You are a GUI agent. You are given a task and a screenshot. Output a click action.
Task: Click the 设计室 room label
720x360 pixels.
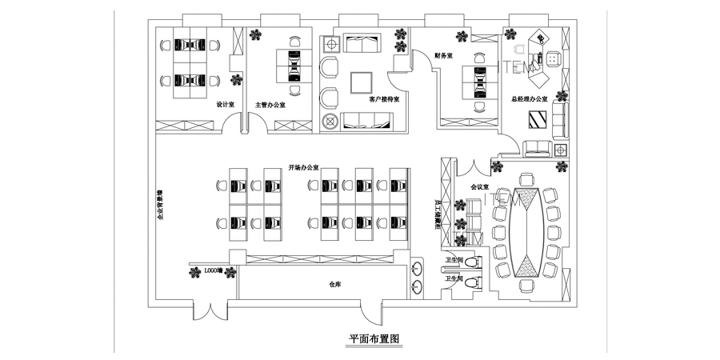pos(225,104)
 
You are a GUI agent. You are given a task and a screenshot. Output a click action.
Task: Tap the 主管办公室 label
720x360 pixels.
pos(271,105)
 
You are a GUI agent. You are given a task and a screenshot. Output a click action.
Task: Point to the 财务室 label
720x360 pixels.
pos(444,56)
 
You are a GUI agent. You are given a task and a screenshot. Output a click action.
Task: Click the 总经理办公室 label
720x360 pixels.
pos(529,99)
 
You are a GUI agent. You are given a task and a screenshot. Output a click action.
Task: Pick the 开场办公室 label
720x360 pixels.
pos(304,168)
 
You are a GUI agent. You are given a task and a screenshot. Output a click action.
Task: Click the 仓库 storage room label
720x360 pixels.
pos(336,284)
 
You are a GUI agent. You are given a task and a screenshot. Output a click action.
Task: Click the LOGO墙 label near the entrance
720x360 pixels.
pos(213,272)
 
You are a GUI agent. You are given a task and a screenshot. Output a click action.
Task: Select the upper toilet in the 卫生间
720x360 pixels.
pos(474,262)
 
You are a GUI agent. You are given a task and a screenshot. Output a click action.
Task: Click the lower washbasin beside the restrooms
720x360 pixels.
pos(418,287)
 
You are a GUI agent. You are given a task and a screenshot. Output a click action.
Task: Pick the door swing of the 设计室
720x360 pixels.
pos(231,124)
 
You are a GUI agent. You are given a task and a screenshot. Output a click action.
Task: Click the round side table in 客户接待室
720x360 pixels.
pos(330,122)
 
